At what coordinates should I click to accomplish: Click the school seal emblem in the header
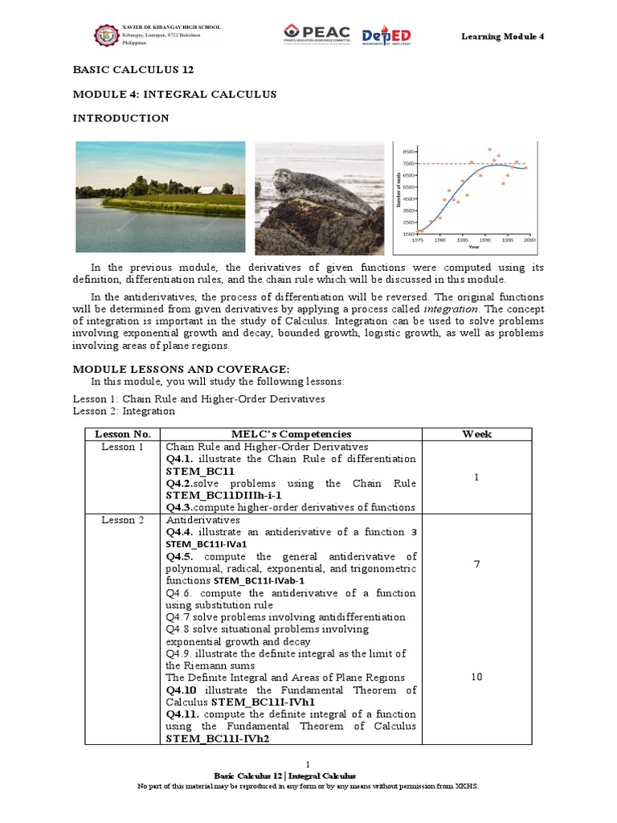105,35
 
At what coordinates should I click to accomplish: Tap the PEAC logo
317,35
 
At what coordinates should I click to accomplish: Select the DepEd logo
386,35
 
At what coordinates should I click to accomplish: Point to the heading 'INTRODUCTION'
121,118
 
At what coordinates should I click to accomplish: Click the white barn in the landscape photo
210,190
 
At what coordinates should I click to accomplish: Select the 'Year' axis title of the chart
474,247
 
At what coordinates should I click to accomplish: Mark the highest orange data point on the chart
489,149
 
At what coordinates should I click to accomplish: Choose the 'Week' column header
476,434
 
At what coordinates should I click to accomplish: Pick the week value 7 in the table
476,563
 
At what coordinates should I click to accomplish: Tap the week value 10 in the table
476,677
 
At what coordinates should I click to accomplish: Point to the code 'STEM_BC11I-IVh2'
217,738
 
